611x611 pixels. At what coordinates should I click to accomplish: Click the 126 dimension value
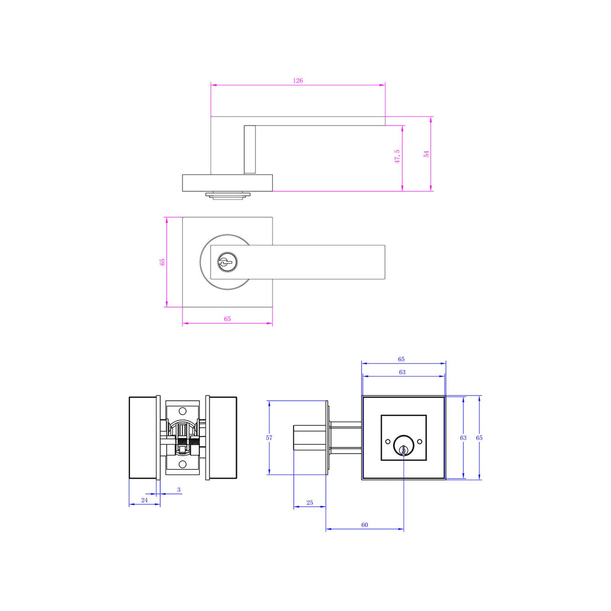coord(298,81)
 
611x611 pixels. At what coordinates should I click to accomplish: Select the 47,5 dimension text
coord(397,157)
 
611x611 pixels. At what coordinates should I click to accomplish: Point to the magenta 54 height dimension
coord(427,154)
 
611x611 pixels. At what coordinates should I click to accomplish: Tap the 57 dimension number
coord(269,438)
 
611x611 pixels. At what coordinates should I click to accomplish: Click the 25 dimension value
coord(310,503)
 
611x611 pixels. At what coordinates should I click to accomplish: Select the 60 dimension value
coord(365,525)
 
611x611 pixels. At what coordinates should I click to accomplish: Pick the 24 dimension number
coord(144,500)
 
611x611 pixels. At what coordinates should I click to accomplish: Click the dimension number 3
coord(179,490)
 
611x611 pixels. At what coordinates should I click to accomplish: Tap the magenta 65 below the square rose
coord(228,318)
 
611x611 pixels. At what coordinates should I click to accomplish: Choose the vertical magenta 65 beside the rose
coord(162,262)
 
